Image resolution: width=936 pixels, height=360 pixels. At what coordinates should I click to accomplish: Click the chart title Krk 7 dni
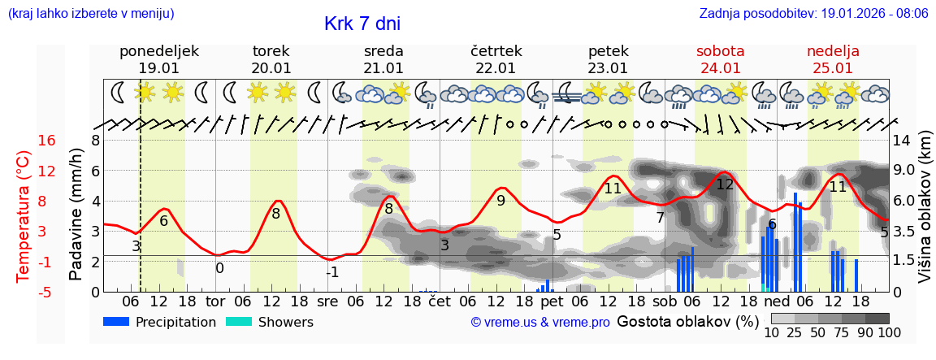coord(362,24)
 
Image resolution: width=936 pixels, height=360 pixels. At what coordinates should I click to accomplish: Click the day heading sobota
coord(720,51)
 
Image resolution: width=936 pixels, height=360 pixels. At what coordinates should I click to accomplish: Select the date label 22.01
coord(496,68)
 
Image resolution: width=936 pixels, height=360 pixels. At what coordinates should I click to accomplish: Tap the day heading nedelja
coord(833,51)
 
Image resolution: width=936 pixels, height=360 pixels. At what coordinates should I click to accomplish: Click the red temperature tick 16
coord(46,141)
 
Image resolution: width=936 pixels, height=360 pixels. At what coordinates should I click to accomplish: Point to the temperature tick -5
coord(46,292)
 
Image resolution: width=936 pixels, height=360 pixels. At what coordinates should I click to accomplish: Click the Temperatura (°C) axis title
coord(23,216)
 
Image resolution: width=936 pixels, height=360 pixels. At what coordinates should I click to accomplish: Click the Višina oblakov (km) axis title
coord(925,215)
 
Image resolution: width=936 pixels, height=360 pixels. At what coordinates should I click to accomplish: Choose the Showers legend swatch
coord(239,322)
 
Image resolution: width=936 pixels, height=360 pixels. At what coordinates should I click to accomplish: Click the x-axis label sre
coord(327,301)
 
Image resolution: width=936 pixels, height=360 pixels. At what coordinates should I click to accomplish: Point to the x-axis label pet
coord(552,301)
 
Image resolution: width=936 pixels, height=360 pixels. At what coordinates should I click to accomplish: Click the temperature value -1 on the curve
coord(332,272)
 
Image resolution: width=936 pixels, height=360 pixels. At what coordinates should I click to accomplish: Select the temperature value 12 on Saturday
coord(725,184)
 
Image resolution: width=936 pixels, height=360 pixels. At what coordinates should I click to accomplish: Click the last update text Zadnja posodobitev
coord(813,14)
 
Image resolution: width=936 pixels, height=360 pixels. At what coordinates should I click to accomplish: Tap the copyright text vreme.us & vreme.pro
coord(540,323)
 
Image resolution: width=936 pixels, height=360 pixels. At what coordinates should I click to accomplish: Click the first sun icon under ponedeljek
coord(145,92)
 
